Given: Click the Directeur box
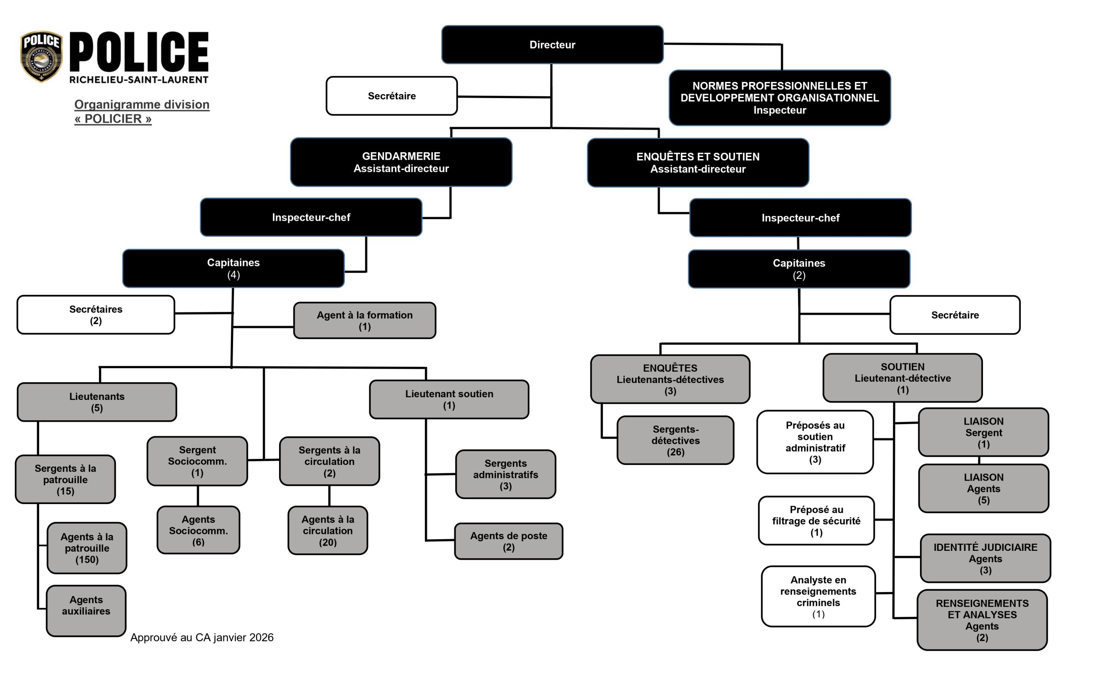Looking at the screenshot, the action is [x=552, y=45].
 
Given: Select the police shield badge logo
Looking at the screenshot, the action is [x=42, y=57].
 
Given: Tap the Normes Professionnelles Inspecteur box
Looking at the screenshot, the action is [x=779, y=98].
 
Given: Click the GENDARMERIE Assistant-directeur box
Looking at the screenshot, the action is [x=401, y=162].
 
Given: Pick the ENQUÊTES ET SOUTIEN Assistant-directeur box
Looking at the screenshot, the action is [x=698, y=163].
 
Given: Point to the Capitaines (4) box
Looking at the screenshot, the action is [x=233, y=268].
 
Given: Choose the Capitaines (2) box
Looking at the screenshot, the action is [x=799, y=269].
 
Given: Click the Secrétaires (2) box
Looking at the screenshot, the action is [x=95, y=315].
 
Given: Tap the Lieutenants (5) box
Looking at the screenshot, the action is [x=97, y=402].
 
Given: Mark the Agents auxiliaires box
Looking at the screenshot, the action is [x=86, y=611].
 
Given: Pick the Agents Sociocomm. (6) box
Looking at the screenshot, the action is [x=198, y=530].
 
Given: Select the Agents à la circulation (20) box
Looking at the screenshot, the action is [x=328, y=530].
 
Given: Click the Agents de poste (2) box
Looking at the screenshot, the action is [x=509, y=541].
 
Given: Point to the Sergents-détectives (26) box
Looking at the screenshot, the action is [x=675, y=440].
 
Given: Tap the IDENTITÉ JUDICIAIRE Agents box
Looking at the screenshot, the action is [x=985, y=558].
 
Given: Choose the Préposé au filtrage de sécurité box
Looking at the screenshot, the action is [x=816, y=521].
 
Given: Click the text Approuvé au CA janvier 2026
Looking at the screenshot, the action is [x=202, y=638].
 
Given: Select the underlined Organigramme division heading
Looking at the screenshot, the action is [x=142, y=111].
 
